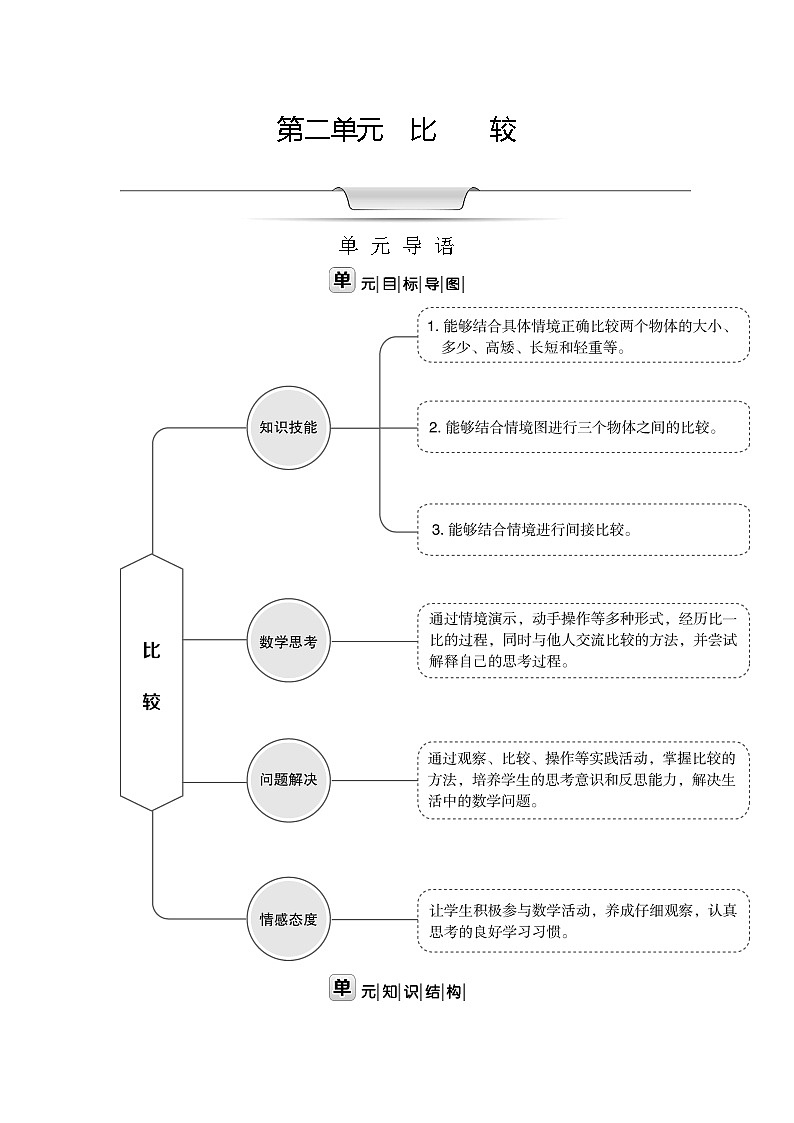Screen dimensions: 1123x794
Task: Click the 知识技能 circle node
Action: click(288, 428)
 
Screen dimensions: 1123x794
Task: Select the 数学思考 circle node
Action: click(288, 641)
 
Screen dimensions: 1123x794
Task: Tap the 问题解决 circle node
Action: click(288, 780)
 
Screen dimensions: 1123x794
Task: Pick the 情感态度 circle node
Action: click(288, 919)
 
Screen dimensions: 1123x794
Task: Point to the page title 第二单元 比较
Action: click(396, 131)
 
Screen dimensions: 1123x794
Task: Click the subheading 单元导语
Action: click(397, 246)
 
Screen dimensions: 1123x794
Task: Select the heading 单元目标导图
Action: click(397, 282)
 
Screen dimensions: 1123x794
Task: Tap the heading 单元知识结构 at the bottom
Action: click(397, 991)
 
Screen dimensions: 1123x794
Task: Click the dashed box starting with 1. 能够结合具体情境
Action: click(583, 335)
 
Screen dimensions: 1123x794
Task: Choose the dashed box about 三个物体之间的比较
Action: click(583, 427)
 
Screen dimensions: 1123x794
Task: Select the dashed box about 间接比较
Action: click(583, 530)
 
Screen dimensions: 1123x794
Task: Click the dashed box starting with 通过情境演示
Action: click(583, 641)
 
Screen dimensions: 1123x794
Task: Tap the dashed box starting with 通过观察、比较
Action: click(583, 780)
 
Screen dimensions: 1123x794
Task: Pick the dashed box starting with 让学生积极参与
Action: click(583, 920)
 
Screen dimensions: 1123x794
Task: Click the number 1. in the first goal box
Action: click(432, 326)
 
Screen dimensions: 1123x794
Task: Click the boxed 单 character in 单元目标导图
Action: click(341, 280)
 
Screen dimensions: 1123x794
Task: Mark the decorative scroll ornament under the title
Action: click(405, 198)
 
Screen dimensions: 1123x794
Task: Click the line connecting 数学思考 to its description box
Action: click(372, 641)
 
